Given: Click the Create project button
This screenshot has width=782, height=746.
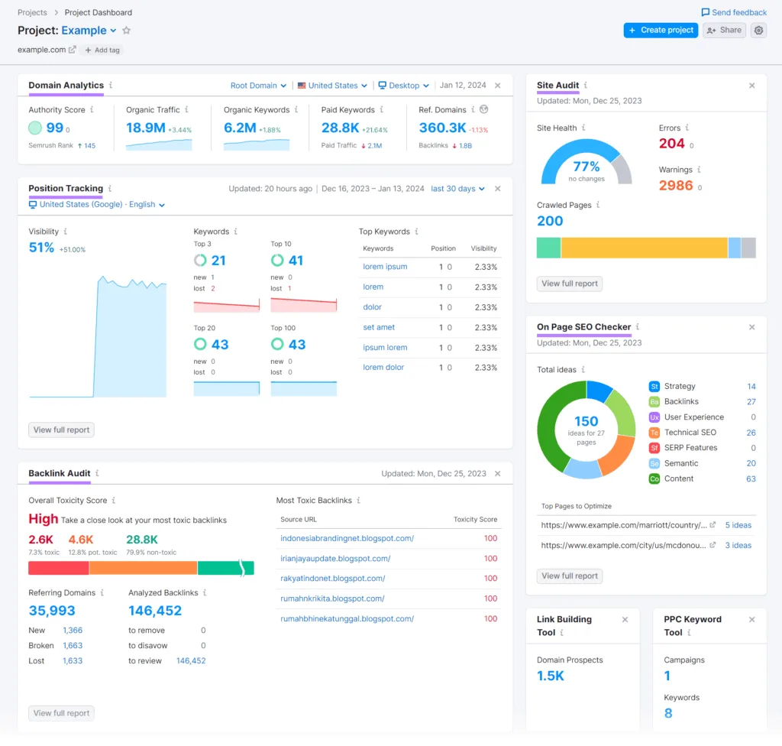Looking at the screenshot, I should [661, 31].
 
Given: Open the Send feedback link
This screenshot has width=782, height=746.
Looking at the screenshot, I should [734, 12].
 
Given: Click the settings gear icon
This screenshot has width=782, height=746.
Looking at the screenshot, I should [758, 31].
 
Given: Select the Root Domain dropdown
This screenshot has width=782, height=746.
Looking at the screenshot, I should [258, 86].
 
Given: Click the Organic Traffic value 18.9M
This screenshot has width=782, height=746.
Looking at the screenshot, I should [145, 128].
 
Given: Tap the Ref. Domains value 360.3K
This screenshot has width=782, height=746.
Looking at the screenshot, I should [442, 128].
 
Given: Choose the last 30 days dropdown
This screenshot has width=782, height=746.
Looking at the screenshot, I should [457, 189].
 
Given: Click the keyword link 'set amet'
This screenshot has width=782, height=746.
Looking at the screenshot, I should [379, 327].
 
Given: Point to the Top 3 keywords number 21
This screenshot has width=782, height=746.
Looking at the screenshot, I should [218, 261].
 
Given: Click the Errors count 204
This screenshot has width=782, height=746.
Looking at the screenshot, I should [671, 144].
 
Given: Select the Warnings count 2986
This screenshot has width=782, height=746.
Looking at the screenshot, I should [676, 186].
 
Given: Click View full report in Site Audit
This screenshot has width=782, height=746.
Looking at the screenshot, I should [570, 284].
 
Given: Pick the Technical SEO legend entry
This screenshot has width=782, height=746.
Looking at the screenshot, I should [690, 433].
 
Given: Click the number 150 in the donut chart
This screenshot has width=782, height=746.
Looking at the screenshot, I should [586, 421].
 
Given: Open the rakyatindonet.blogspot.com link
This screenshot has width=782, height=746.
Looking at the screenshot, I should [332, 579].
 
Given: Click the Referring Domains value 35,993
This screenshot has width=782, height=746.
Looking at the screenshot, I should [52, 611].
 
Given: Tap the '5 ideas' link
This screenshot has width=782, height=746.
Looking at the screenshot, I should [738, 525].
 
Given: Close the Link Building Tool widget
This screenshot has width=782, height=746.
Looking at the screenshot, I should [625, 620].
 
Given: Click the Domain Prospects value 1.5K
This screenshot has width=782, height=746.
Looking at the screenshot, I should [551, 676].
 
